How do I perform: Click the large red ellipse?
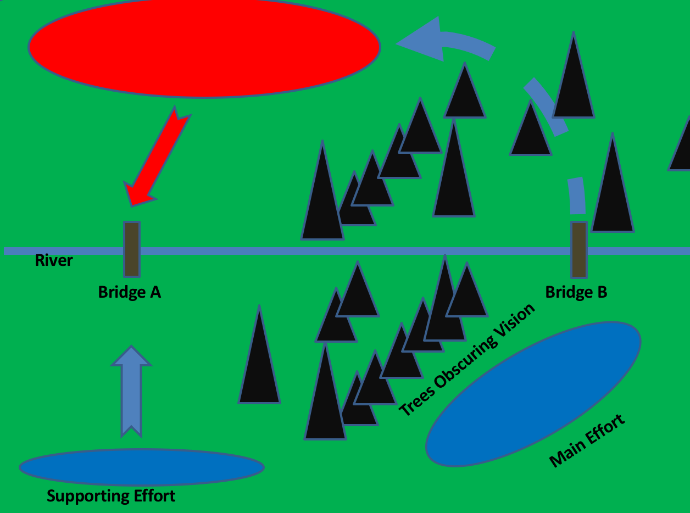pos(204,47)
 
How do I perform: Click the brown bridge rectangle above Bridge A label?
pos(131,249)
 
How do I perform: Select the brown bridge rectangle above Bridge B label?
pos(578,249)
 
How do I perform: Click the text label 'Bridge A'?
pos(129,292)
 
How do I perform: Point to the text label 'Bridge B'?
pos(576,292)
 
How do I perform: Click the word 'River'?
pos(54,260)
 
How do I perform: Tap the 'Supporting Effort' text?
pos(111,496)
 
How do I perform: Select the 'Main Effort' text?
pos(587,440)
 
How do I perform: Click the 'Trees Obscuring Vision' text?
pos(466,359)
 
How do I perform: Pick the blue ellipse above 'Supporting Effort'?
pos(142,467)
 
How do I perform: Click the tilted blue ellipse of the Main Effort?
pos(533,394)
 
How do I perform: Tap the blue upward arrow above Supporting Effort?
pos(131,390)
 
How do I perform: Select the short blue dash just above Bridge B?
pos(576,196)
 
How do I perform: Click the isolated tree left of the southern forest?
pos(259,368)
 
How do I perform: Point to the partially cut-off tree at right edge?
pos(682,148)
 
